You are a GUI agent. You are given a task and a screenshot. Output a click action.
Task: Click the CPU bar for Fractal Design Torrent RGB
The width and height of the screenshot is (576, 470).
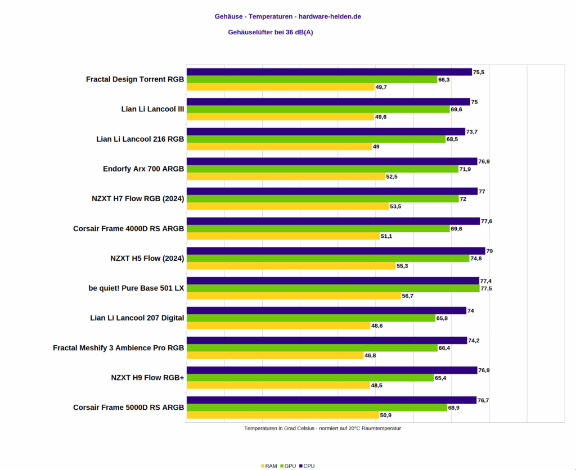(329, 72)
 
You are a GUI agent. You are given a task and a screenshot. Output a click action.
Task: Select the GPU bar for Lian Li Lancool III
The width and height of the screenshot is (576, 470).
(318, 109)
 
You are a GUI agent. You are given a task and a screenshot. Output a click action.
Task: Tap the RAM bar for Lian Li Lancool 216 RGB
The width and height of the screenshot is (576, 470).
(279, 146)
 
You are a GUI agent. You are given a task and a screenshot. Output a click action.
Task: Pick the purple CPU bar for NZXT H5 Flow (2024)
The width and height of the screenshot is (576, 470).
(336, 251)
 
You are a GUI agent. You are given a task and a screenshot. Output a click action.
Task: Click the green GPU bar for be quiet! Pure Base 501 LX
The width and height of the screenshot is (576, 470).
(332, 288)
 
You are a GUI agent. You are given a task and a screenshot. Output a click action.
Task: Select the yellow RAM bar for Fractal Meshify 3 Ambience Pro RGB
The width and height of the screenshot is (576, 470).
(275, 355)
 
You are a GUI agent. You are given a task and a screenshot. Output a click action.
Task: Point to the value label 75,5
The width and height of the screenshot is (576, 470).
(479, 72)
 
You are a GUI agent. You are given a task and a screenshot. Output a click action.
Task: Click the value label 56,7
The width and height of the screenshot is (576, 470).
(408, 296)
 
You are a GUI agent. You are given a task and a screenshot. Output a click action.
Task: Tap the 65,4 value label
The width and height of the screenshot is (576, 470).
(441, 378)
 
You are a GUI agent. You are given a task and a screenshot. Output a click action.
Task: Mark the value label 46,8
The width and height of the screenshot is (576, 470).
(371, 355)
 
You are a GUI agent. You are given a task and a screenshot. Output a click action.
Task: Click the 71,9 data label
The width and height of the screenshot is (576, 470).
(465, 169)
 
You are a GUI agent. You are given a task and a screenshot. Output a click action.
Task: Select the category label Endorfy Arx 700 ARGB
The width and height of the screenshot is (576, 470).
(143, 169)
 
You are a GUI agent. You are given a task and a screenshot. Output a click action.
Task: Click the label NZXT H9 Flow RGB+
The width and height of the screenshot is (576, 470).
(147, 378)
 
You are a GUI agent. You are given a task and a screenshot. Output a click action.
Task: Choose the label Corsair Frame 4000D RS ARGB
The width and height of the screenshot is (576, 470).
(128, 228)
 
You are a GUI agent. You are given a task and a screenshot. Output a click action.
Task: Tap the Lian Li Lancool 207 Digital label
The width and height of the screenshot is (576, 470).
(137, 318)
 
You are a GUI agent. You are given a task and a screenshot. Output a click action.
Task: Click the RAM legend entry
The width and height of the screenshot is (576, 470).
(269, 466)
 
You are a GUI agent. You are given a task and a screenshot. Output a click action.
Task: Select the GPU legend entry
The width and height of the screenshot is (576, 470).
(287, 466)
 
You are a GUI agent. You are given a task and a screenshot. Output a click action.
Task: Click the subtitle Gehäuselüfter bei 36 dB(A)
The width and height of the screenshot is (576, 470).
(271, 32)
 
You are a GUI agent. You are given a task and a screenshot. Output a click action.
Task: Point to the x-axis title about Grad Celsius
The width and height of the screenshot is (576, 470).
(322, 428)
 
